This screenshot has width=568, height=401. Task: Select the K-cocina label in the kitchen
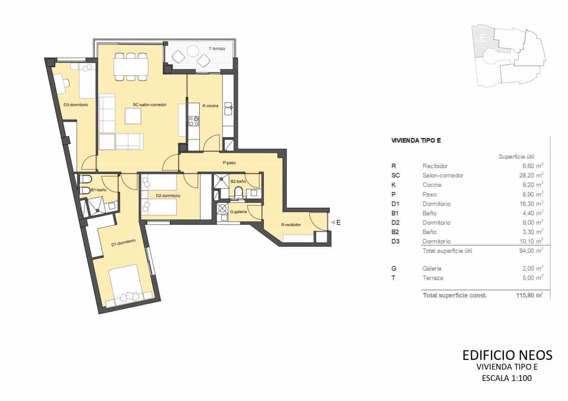[x=210, y=106]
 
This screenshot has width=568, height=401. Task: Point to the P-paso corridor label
[x=229, y=163]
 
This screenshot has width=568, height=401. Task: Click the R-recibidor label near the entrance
[x=291, y=225]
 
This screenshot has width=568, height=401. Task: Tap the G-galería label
[x=238, y=212]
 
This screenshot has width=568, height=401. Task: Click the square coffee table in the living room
[x=133, y=116]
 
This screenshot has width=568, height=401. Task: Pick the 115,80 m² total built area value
[x=529, y=295]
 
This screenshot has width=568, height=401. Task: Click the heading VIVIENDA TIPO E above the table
[x=416, y=141]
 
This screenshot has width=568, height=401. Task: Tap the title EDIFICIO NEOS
[x=507, y=355]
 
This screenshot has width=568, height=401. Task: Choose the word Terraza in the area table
[x=433, y=278]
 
